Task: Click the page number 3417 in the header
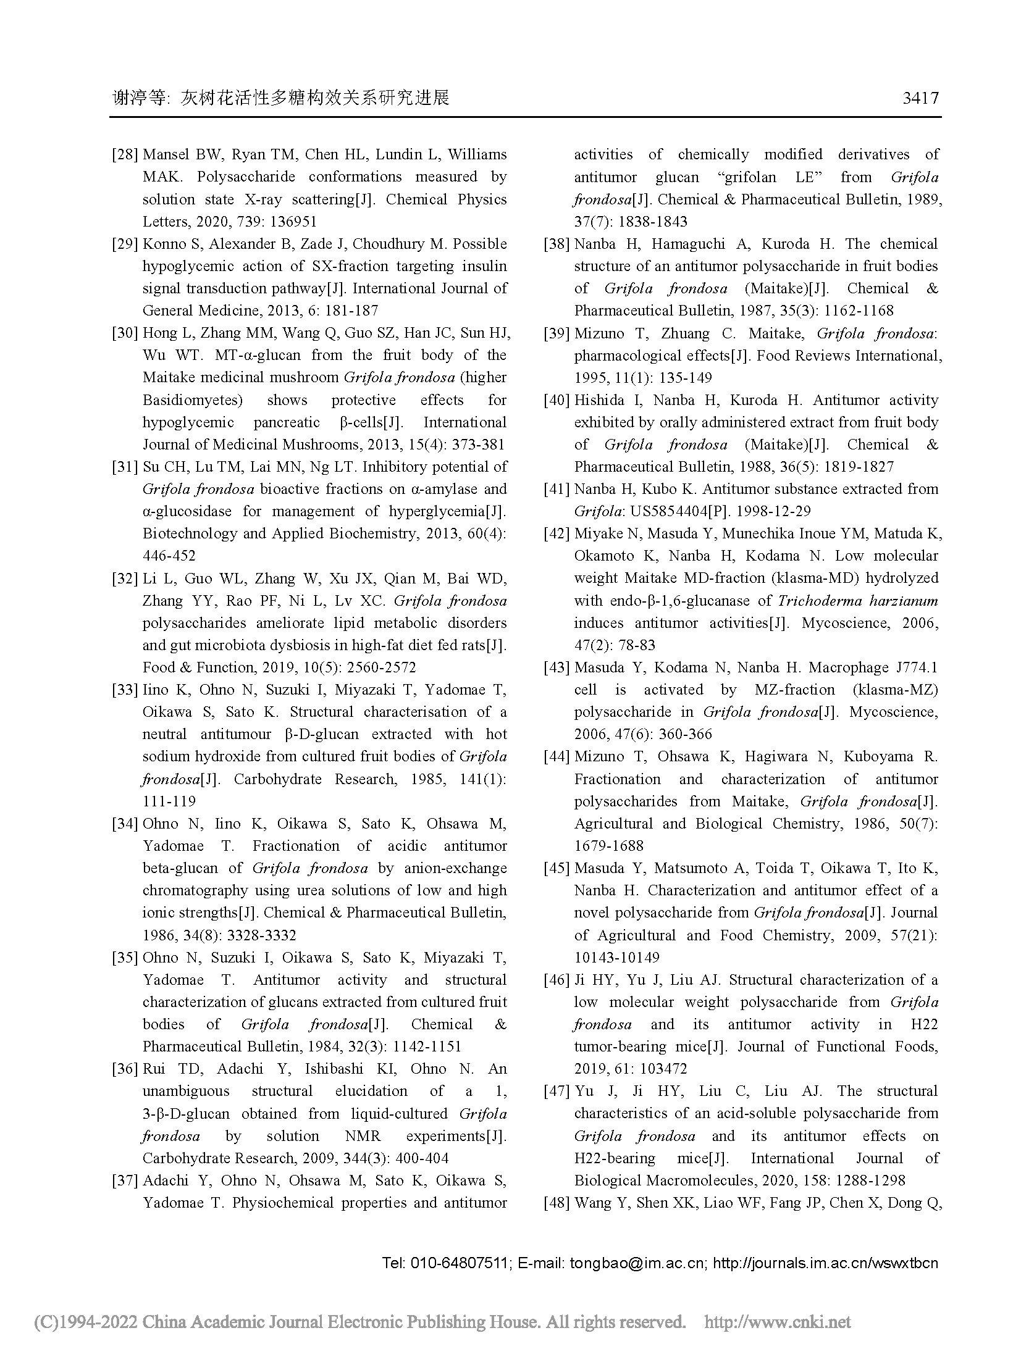[x=920, y=98]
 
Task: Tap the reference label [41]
[x=556, y=490]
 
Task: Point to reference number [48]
[x=556, y=1203]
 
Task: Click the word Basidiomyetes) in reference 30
[x=192, y=400]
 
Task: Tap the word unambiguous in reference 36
[x=186, y=1091]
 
